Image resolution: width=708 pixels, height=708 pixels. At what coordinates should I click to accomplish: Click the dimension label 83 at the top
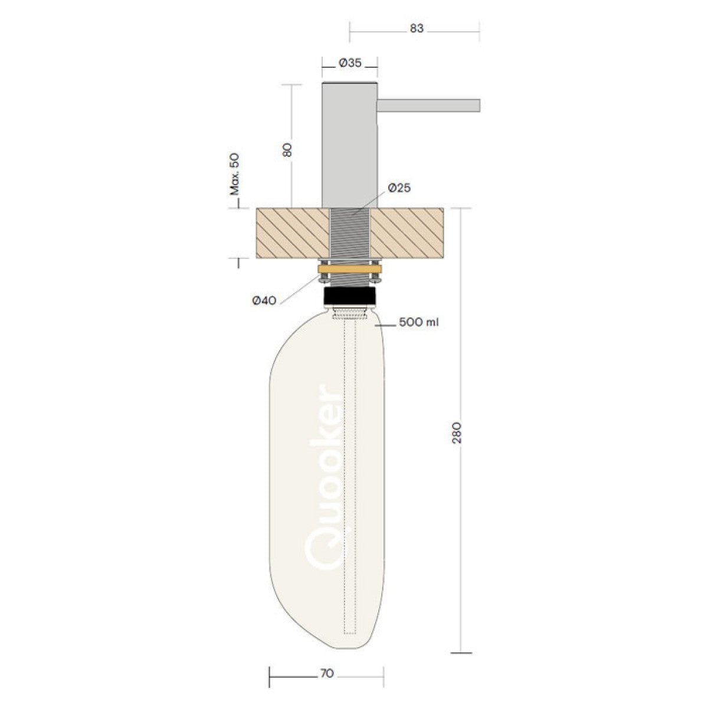point(417,28)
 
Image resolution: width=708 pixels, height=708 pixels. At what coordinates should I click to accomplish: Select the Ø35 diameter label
point(350,63)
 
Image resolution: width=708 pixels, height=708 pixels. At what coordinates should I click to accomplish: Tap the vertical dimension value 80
point(287,149)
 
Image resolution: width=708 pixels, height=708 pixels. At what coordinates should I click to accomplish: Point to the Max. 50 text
point(235,173)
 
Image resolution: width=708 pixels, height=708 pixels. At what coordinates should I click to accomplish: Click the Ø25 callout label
point(399,188)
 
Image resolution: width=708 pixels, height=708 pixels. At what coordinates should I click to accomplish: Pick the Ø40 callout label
point(264,300)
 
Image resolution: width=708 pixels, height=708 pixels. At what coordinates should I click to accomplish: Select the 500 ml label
point(419,322)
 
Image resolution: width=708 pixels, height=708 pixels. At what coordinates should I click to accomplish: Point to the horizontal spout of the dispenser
point(428,105)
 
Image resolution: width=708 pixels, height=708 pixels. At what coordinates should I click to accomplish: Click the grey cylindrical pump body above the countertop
point(349,145)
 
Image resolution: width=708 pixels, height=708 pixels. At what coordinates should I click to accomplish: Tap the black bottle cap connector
point(350,296)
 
